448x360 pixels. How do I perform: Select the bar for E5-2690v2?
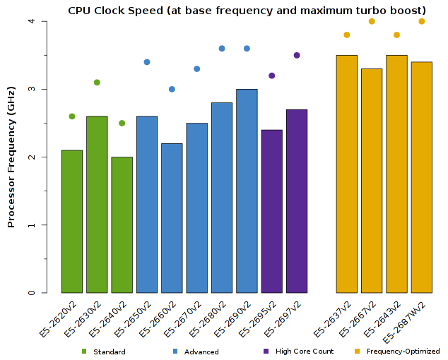(x=247, y=191)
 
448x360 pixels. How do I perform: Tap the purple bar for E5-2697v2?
(x=297, y=201)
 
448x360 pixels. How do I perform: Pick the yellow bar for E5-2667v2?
(x=372, y=181)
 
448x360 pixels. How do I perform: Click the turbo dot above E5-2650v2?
(x=147, y=62)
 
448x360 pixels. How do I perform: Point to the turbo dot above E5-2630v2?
(x=97, y=83)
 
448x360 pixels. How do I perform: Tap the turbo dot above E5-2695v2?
(x=272, y=76)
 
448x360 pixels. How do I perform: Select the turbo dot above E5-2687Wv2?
(x=422, y=21)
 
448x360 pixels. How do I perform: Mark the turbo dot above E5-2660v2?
(x=172, y=89)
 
